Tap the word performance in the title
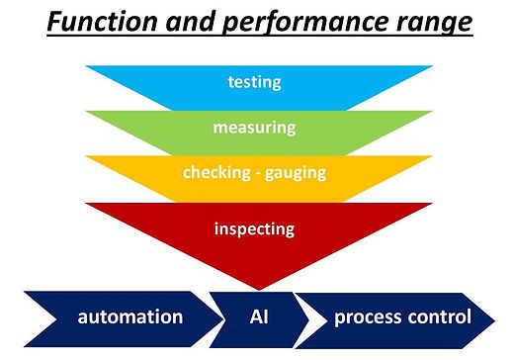(295, 23)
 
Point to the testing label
(254, 83)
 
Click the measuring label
(255, 129)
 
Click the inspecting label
(255, 228)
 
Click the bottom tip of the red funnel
(258, 287)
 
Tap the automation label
(130, 316)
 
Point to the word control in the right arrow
(441, 316)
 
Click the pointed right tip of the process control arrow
(497, 316)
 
